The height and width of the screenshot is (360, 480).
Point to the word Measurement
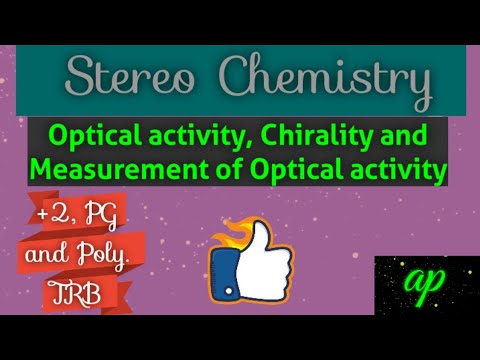point(100,170)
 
